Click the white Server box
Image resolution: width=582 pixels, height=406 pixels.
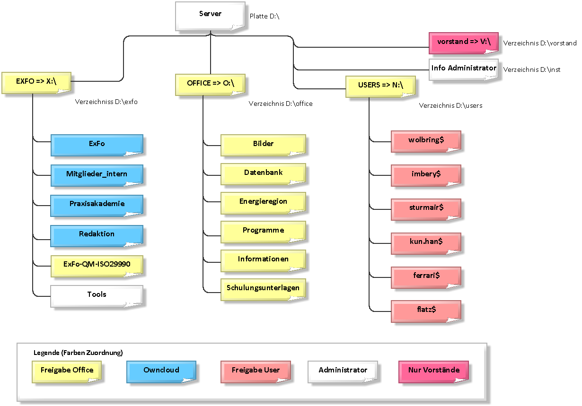(x=210, y=16)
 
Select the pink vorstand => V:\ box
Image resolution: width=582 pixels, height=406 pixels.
(x=464, y=43)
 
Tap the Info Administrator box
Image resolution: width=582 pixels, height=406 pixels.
(x=464, y=69)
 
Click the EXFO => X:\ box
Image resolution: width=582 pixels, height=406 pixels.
(x=36, y=83)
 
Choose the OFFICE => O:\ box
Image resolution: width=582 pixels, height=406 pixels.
(x=210, y=85)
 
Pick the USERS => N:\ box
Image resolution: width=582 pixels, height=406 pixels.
(x=380, y=86)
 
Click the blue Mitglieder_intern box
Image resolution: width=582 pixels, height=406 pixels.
(x=97, y=175)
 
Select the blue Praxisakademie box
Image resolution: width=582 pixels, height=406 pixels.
(x=97, y=206)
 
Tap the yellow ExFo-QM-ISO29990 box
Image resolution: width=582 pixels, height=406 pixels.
(x=97, y=266)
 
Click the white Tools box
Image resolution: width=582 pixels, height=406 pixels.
(x=97, y=296)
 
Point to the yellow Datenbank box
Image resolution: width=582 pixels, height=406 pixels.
(x=263, y=174)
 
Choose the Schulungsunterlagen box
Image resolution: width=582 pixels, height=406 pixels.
(x=263, y=289)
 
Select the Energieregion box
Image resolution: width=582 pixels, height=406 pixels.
(x=263, y=203)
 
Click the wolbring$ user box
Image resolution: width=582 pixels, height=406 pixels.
(x=426, y=141)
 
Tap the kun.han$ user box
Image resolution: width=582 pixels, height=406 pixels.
(x=426, y=243)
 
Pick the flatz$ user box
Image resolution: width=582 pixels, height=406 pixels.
(x=426, y=311)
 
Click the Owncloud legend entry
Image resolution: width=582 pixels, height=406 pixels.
(x=161, y=372)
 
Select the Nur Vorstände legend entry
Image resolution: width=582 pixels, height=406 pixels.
(x=433, y=372)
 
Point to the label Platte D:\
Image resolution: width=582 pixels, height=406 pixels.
(x=265, y=17)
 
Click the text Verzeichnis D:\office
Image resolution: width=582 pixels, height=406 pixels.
(x=281, y=104)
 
